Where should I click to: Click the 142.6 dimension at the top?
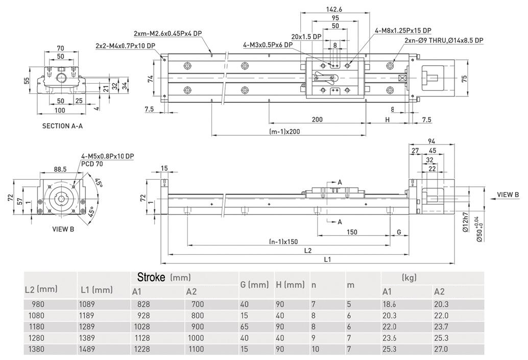coord(334,9)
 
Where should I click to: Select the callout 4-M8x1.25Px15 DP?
coord(403,31)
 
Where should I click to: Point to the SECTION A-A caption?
coord(62,126)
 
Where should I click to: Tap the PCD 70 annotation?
coord(92,164)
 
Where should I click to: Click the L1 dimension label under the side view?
coord(327,259)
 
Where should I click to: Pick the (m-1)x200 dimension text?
coord(284,132)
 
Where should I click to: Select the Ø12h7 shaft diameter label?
coord(466,222)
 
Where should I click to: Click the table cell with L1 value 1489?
coord(87,349)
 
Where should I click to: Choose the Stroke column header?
coord(164,277)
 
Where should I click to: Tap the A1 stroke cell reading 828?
coord(143,304)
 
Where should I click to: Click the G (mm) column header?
coord(255,285)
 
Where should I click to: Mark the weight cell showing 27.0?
coord(441,349)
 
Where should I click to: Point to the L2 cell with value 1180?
coord(36,327)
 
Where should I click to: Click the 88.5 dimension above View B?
coord(60,169)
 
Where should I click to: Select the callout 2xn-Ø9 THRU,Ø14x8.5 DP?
coord(444,40)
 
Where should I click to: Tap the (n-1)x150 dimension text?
coord(283,242)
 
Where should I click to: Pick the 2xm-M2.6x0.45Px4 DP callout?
coord(167,34)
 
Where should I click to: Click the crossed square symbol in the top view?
coord(401,78)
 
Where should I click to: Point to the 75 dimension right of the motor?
coord(464,79)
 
